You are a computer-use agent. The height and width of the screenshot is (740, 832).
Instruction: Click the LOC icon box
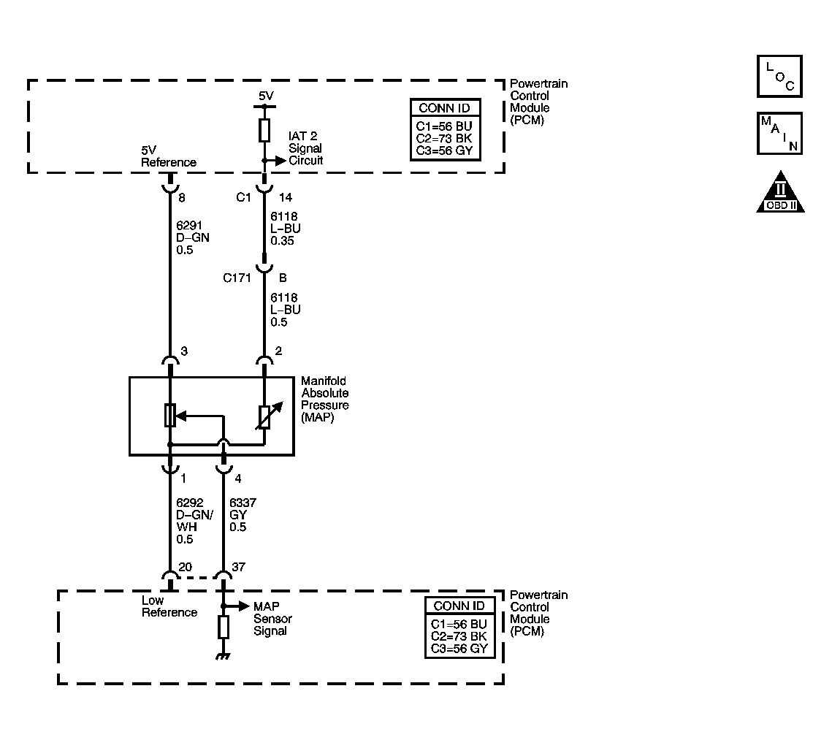tap(779, 77)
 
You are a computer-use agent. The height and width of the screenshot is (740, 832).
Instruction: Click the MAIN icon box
tap(779, 133)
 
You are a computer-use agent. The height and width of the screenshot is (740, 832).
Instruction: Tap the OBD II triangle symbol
tap(780, 192)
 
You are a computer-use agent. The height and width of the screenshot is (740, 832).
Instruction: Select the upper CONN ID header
tap(445, 108)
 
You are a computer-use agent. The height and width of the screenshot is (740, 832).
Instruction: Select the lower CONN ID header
tap(459, 606)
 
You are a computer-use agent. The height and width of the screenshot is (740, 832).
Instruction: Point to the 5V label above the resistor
tap(266, 96)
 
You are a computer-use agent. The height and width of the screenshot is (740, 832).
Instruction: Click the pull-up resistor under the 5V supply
tap(264, 131)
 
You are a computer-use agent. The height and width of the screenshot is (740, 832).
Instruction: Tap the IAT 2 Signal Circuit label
tap(305, 148)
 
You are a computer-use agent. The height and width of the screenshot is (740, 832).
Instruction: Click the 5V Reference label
tap(169, 156)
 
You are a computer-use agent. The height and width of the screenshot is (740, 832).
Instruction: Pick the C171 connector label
tap(237, 278)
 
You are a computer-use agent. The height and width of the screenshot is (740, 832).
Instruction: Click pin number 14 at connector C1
tap(286, 197)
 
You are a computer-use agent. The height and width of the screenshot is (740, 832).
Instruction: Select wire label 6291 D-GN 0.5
tap(193, 237)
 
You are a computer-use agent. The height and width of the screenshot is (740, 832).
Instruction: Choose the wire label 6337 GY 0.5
tap(243, 514)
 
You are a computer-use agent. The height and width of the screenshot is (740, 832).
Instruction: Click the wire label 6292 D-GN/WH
tap(195, 521)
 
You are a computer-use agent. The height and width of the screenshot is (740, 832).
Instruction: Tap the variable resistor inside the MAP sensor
tap(264, 417)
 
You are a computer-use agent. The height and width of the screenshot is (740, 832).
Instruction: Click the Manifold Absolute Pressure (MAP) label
tap(325, 399)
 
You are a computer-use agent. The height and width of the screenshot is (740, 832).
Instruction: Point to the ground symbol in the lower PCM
tap(224, 657)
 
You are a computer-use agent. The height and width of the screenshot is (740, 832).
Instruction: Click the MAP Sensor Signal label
tap(272, 619)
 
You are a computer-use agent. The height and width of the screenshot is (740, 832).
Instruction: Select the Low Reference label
tap(169, 606)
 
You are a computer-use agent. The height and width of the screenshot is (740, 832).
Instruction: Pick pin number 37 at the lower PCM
tap(238, 567)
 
